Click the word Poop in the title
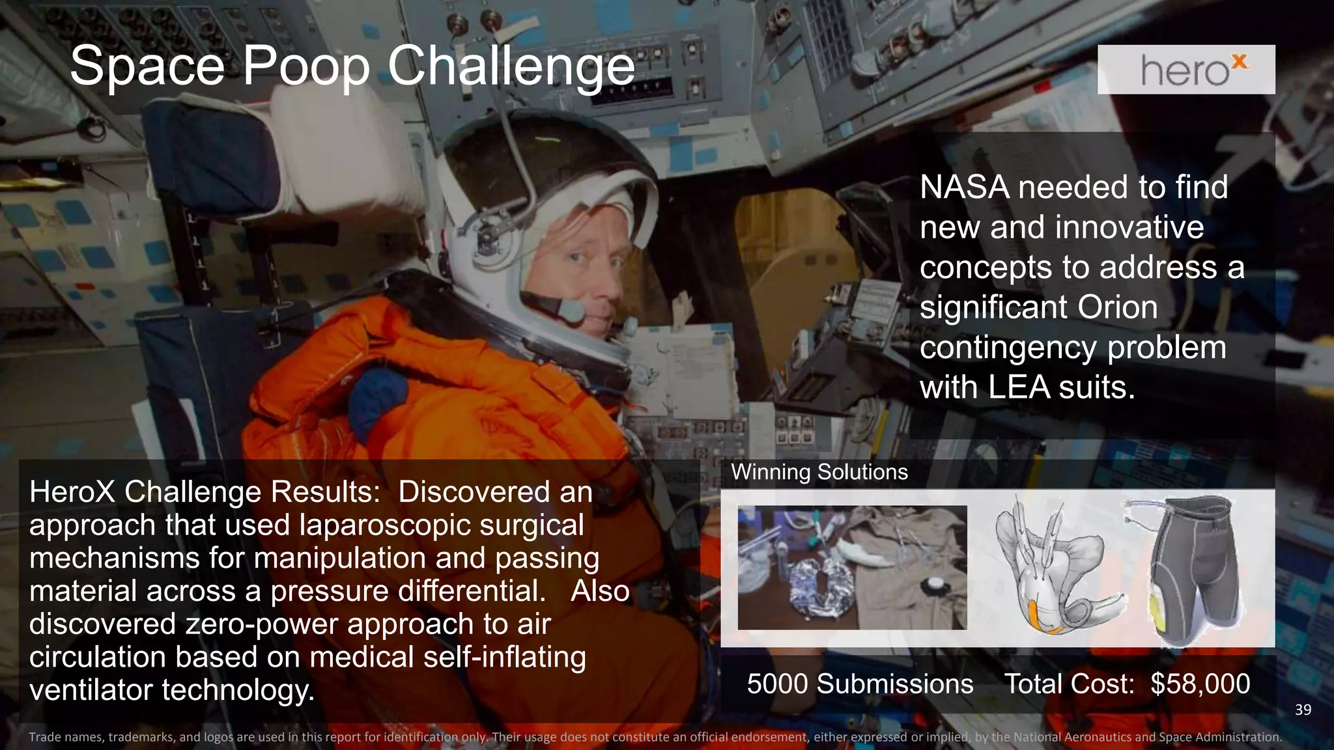click(x=305, y=66)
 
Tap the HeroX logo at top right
click(x=1186, y=70)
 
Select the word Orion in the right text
click(x=1117, y=307)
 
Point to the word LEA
click(x=1019, y=387)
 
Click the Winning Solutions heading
click(x=819, y=472)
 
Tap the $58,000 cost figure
click(x=1200, y=684)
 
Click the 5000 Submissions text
click(x=860, y=684)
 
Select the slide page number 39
click(x=1303, y=710)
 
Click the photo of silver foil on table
click(x=852, y=568)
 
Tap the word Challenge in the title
click(x=511, y=66)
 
